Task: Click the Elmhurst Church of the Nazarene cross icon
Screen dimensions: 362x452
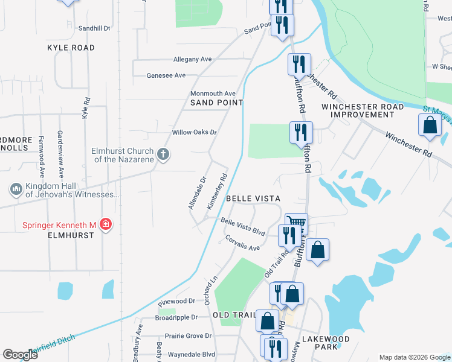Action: point(163,155)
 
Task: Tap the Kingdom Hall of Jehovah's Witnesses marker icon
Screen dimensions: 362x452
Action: point(16,190)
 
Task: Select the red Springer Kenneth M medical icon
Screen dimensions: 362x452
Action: point(106,225)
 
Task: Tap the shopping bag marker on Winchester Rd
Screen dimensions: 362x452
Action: point(430,125)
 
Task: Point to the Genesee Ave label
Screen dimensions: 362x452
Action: point(166,75)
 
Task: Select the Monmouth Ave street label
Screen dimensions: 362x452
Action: point(213,94)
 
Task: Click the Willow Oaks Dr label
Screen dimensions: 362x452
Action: point(194,132)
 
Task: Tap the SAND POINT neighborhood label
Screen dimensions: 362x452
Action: point(212,103)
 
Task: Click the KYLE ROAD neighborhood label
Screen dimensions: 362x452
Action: point(71,47)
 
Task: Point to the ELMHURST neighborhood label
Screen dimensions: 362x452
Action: point(72,235)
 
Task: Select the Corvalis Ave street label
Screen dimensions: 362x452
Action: point(242,243)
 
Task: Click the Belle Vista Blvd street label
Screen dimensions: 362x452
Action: point(243,226)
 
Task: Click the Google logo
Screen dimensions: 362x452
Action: point(20,355)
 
